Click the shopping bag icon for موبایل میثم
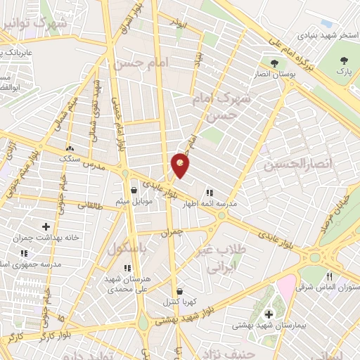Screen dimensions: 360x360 click(134, 190)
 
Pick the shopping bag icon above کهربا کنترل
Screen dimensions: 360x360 click(179, 291)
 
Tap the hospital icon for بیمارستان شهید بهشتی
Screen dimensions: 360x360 click(267, 314)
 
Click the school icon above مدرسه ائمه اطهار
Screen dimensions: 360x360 click(209, 192)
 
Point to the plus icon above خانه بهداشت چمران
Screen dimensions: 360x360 click(46, 226)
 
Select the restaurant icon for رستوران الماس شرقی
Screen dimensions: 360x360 click(329, 276)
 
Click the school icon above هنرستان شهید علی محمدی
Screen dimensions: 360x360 click(127, 268)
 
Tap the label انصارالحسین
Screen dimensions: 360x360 click(297, 165)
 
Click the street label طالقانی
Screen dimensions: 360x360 click(89, 206)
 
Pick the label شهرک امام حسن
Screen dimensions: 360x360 click(235, 105)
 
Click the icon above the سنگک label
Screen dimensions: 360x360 click(70, 149)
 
